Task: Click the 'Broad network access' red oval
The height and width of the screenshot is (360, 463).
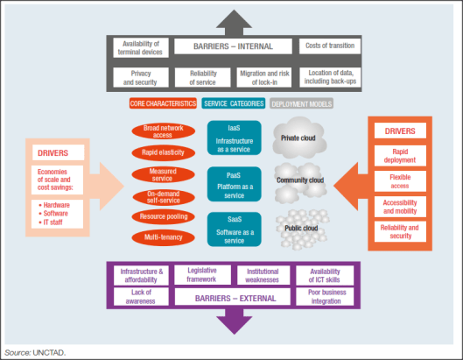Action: (164, 132)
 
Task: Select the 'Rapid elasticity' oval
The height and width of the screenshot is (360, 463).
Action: (164, 152)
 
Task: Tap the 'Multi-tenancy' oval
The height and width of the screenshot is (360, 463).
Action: (164, 237)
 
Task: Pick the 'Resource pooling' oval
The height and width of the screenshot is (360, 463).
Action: (164, 216)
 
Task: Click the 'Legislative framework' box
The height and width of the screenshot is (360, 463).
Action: (201, 275)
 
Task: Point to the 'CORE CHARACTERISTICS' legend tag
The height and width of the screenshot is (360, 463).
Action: (164, 103)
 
